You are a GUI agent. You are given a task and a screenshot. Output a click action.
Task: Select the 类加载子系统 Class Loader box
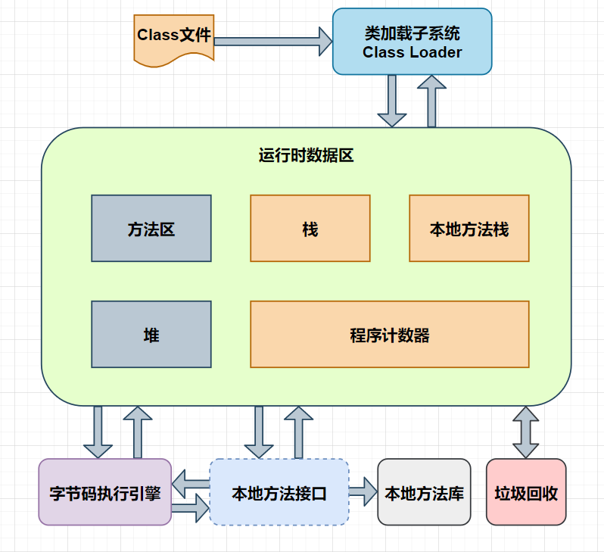(412, 42)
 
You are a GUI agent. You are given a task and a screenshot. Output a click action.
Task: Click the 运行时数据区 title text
(306, 157)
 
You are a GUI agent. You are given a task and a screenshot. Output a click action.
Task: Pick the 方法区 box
(151, 229)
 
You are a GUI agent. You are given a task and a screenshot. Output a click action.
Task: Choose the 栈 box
(310, 229)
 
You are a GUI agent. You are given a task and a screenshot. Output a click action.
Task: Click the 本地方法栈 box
(469, 229)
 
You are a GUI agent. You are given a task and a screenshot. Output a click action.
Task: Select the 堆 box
(151, 334)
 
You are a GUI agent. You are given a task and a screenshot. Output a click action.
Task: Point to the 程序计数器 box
(390, 334)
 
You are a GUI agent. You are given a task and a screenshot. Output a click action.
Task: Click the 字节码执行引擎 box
(105, 492)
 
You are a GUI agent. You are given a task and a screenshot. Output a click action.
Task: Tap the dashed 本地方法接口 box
(279, 492)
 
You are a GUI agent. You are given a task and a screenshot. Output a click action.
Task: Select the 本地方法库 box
(424, 492)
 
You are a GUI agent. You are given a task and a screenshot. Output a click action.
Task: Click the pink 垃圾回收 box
(526, 492)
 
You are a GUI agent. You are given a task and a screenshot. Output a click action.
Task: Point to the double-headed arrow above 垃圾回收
(525, 432)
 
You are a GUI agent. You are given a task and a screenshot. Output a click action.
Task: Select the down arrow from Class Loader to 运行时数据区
(392, 101)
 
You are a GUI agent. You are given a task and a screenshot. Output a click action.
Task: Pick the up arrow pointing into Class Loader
(432, 101)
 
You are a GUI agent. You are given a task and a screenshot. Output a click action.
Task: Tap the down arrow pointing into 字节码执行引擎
(98, 432)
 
